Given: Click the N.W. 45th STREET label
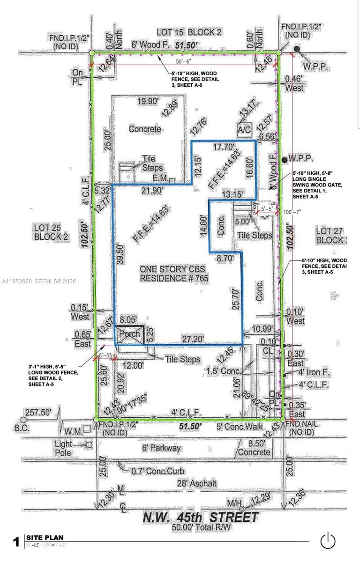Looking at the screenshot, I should coord(201,518).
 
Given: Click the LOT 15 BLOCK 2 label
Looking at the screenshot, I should coord(189,32).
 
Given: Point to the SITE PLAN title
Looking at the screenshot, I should coord(45,538).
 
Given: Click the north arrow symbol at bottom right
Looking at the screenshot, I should coord(328,540).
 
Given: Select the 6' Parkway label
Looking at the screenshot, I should coord(162,448).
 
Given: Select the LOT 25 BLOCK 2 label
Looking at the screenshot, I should coord(51,232).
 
